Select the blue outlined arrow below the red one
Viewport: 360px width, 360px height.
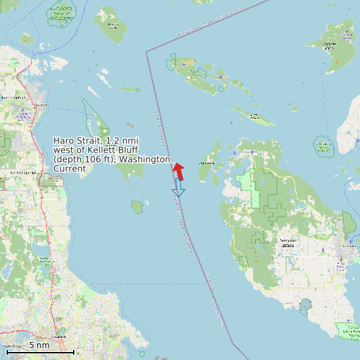(x=178, y=189)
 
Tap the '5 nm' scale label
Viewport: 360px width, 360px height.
(x=39, y=345)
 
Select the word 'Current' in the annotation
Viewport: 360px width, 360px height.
(x=70, y=169)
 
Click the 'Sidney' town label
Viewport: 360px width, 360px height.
(x=40, y=105)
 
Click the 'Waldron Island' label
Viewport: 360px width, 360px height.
(x=329, y=45)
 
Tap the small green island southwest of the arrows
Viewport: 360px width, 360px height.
(x=137, y=207)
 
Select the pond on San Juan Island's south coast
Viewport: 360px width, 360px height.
(x=306, y=305)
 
